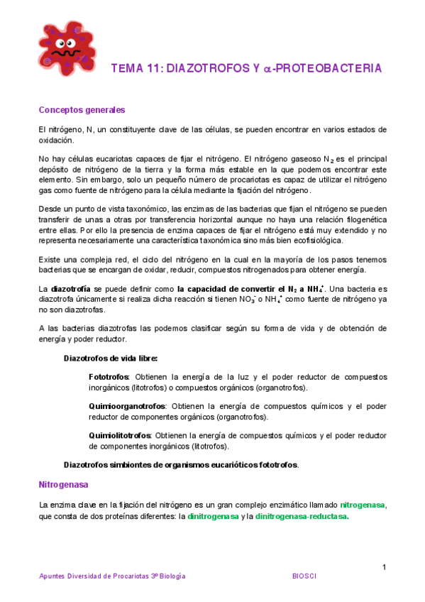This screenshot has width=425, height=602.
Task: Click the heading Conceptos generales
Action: pyautogui.click(x=82, y=110)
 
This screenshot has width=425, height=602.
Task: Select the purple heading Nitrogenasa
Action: pyautogui.click(x=63, y=485)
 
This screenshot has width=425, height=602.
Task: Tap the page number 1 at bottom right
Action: pyautogui.click(x=384, y=567)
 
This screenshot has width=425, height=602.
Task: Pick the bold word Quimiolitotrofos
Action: pyautogui.click(x=120, y=435)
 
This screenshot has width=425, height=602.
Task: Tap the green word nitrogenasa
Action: pyautogui.click(x=362, y=505)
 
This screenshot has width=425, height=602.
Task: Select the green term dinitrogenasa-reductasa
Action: pyautogui.click(x=302, y=517)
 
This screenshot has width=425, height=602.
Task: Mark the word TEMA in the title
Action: pyautogui.click(x=127, y=69)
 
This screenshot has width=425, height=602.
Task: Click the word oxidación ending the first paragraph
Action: pyautogui.click(x=56, y=141)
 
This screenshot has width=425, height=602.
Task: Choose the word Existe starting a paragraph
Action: pyautogui.click(x=50, y=260)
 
